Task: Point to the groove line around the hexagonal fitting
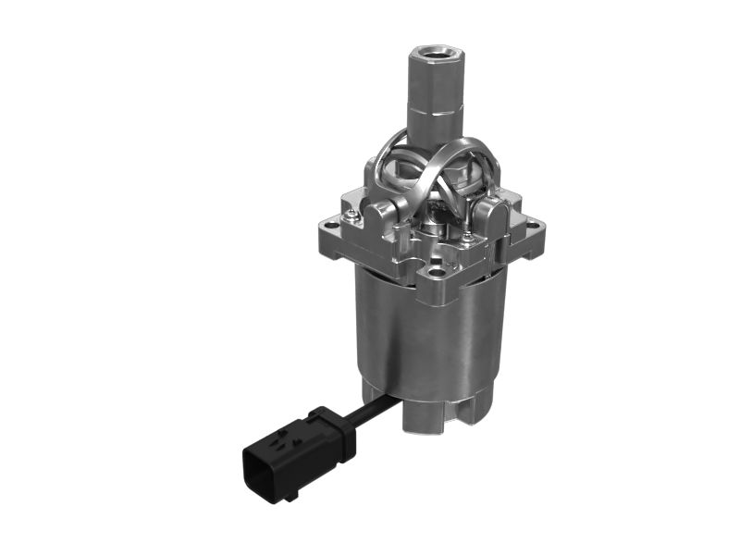(434, 110)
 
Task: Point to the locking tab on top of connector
(296, 435)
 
